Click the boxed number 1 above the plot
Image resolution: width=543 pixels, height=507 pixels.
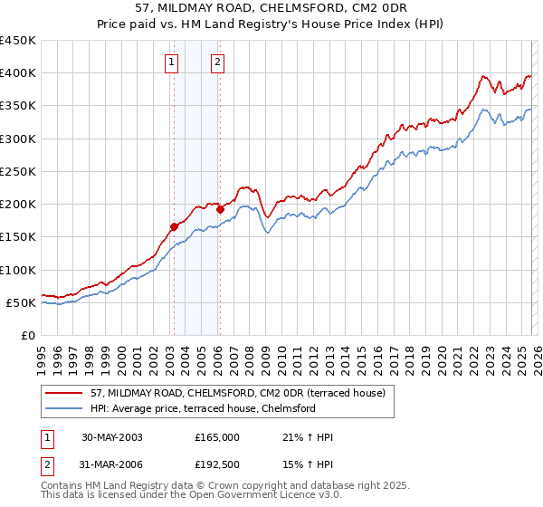tap(172, 62)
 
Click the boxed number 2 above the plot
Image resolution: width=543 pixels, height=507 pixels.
tap(218, 62)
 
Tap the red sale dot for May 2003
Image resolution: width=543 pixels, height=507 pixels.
tap(174, 227)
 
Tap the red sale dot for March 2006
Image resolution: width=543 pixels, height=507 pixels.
tap(220, 209)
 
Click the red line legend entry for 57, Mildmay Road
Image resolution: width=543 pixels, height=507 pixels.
tap(238, 393)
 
